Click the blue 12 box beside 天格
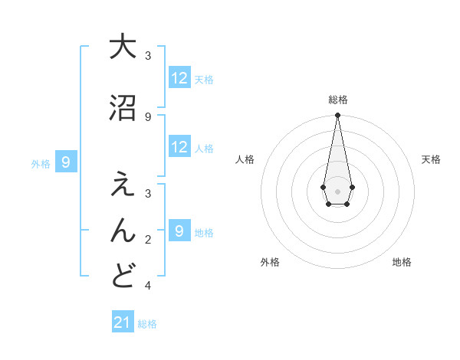[x=179, y=78]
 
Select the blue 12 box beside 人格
[x=179, y=147]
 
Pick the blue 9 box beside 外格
[x=67, y=162]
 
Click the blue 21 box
[x=123, y=322]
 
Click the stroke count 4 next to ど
[x=148, y=286]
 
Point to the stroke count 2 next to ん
[x=148, y=240]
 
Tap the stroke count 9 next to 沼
[x=148, y=116]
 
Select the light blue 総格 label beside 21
[x=147, y=324]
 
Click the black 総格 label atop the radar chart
[x=337, y=100]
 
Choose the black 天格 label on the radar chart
[x=431, y=159]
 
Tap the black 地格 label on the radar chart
[x=402, y=262]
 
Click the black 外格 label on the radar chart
[x=270, y=262]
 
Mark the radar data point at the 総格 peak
[x=337, y=115]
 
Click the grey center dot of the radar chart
[x=337, y=190]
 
